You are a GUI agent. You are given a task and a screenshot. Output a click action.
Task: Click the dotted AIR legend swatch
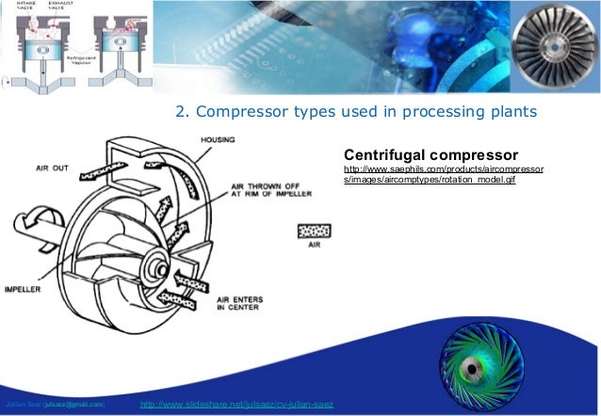tap(314, 231)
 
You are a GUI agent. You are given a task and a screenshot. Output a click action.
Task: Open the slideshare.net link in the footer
tap(235, 406)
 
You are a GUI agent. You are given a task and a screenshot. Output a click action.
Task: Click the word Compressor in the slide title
tap(241, 113)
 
